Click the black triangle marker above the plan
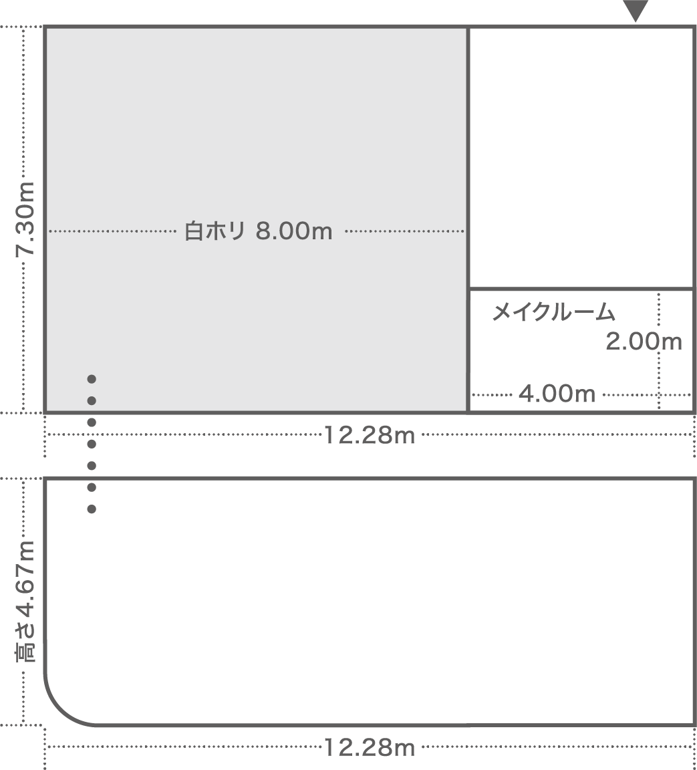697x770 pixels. (x=636, y=10)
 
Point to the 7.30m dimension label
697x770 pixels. (x=25, y=219)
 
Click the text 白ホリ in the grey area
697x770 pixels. (x=215, y=231)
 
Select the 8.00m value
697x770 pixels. (x=294, y=231)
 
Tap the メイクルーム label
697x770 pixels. (x=554, y=312)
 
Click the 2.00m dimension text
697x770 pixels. (x=644, y=342)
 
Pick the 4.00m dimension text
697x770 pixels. (x=557, y=394)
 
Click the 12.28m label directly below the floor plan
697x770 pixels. (x=370, y=435)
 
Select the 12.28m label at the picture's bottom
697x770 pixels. (x=370, y=748)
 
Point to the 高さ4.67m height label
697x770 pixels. (x=25, y=602)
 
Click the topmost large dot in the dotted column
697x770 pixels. (x=92, y=379)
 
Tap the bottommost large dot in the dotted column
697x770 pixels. (x=92, y=509)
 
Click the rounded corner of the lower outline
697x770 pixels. (x=60, y=710)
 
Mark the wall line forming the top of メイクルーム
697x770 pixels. (x=581, y=289)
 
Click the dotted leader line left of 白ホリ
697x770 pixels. (x=112, y=231)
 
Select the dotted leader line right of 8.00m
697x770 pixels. (x=404, y=231)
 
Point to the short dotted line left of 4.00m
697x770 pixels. (x=492, y=394)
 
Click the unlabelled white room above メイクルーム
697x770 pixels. (x=581, y=157)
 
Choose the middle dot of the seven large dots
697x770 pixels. (x=92, y=444)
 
